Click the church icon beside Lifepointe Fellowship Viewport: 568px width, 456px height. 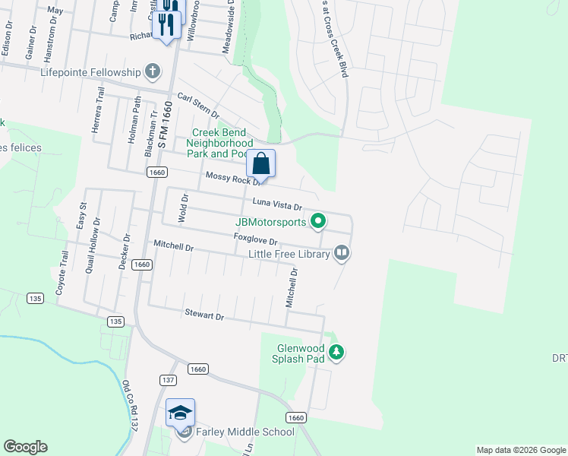[153, 73]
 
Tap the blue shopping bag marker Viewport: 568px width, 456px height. [260, 163]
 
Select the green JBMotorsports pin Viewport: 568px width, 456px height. [319, 222]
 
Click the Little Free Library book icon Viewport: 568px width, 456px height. [342, 253]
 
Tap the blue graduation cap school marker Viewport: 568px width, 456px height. [180, 413]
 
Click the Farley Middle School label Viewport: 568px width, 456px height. [245, 432]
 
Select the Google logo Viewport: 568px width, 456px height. [25, 447]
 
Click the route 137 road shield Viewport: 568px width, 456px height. [168, 378]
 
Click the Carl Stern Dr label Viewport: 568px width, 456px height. [197, 104]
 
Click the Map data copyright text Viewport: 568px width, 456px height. [519, 450]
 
